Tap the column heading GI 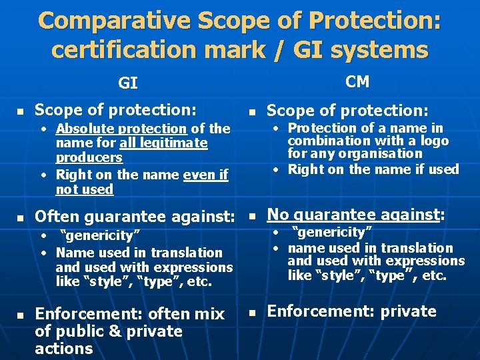128,83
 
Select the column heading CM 357,81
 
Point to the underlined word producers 89,158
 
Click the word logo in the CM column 435,141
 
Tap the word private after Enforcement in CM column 409,311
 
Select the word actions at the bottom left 64,349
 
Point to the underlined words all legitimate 163,143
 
